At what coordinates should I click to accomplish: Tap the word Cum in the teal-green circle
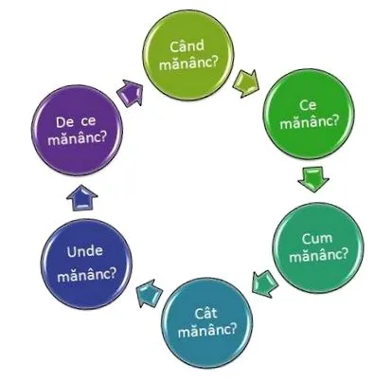pos(317,238)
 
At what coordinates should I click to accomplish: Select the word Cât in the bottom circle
pos(205,313)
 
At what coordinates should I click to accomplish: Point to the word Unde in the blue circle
pos(85,251)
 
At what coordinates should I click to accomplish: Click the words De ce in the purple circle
pos(76,122)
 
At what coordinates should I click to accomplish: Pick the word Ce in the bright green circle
pos(308,105)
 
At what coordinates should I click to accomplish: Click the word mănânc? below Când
pos(188,63)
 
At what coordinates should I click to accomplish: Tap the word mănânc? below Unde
pos(87,275)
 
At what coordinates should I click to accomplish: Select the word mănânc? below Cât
pos(207,331)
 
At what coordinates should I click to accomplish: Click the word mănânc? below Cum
pos(318,255)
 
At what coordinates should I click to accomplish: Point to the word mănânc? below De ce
pos(77,138)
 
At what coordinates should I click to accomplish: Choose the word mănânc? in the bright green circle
pos(310,121)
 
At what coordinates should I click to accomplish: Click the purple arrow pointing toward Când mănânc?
pos(130,92)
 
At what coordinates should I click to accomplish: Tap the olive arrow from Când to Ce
pos(246,83)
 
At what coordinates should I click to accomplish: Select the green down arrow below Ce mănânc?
pos(313,179)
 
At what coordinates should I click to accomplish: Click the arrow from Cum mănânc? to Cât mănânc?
pos(265,283)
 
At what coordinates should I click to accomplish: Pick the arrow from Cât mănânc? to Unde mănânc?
pos(150,293)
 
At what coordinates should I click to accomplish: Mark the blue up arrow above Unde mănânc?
pos(82,197)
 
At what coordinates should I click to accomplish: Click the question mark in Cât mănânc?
pos(233,330)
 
